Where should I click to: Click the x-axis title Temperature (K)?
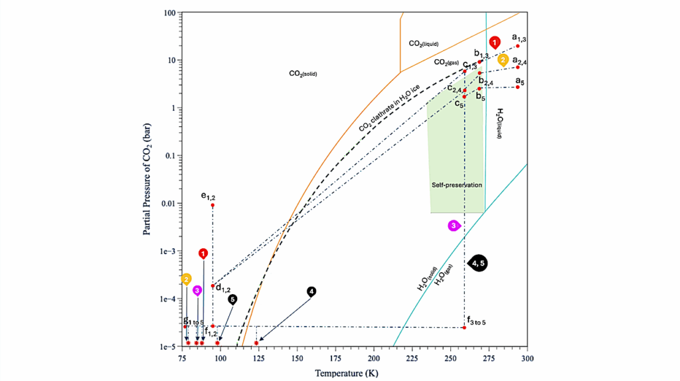(x=355, y=372)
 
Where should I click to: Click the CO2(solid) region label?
(x=302, y=74)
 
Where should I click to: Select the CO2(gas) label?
(x=446, y=62)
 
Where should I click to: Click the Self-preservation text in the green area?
(x=456, y=185)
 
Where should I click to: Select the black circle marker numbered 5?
(x=232, y=299)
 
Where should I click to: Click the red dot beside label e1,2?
(x=212, y=205)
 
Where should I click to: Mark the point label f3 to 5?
(x=477, y=323)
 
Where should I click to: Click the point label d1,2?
(x=222, y=289)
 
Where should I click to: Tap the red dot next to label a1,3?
(x=518, y=46)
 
